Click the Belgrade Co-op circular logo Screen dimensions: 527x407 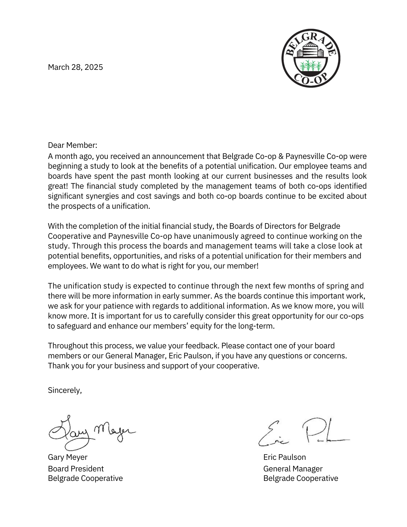coord(311,58)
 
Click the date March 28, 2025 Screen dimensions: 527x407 coord(75,67)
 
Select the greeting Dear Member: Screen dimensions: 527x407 coord(72,145)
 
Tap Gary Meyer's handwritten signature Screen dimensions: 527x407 coord(91,432)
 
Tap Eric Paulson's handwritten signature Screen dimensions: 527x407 coord(303,432)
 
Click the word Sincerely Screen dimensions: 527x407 coord(65,390)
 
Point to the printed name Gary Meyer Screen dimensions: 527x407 coord(67,457)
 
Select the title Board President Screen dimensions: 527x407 coord(76,469)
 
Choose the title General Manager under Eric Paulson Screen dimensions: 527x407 coord(293,469)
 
